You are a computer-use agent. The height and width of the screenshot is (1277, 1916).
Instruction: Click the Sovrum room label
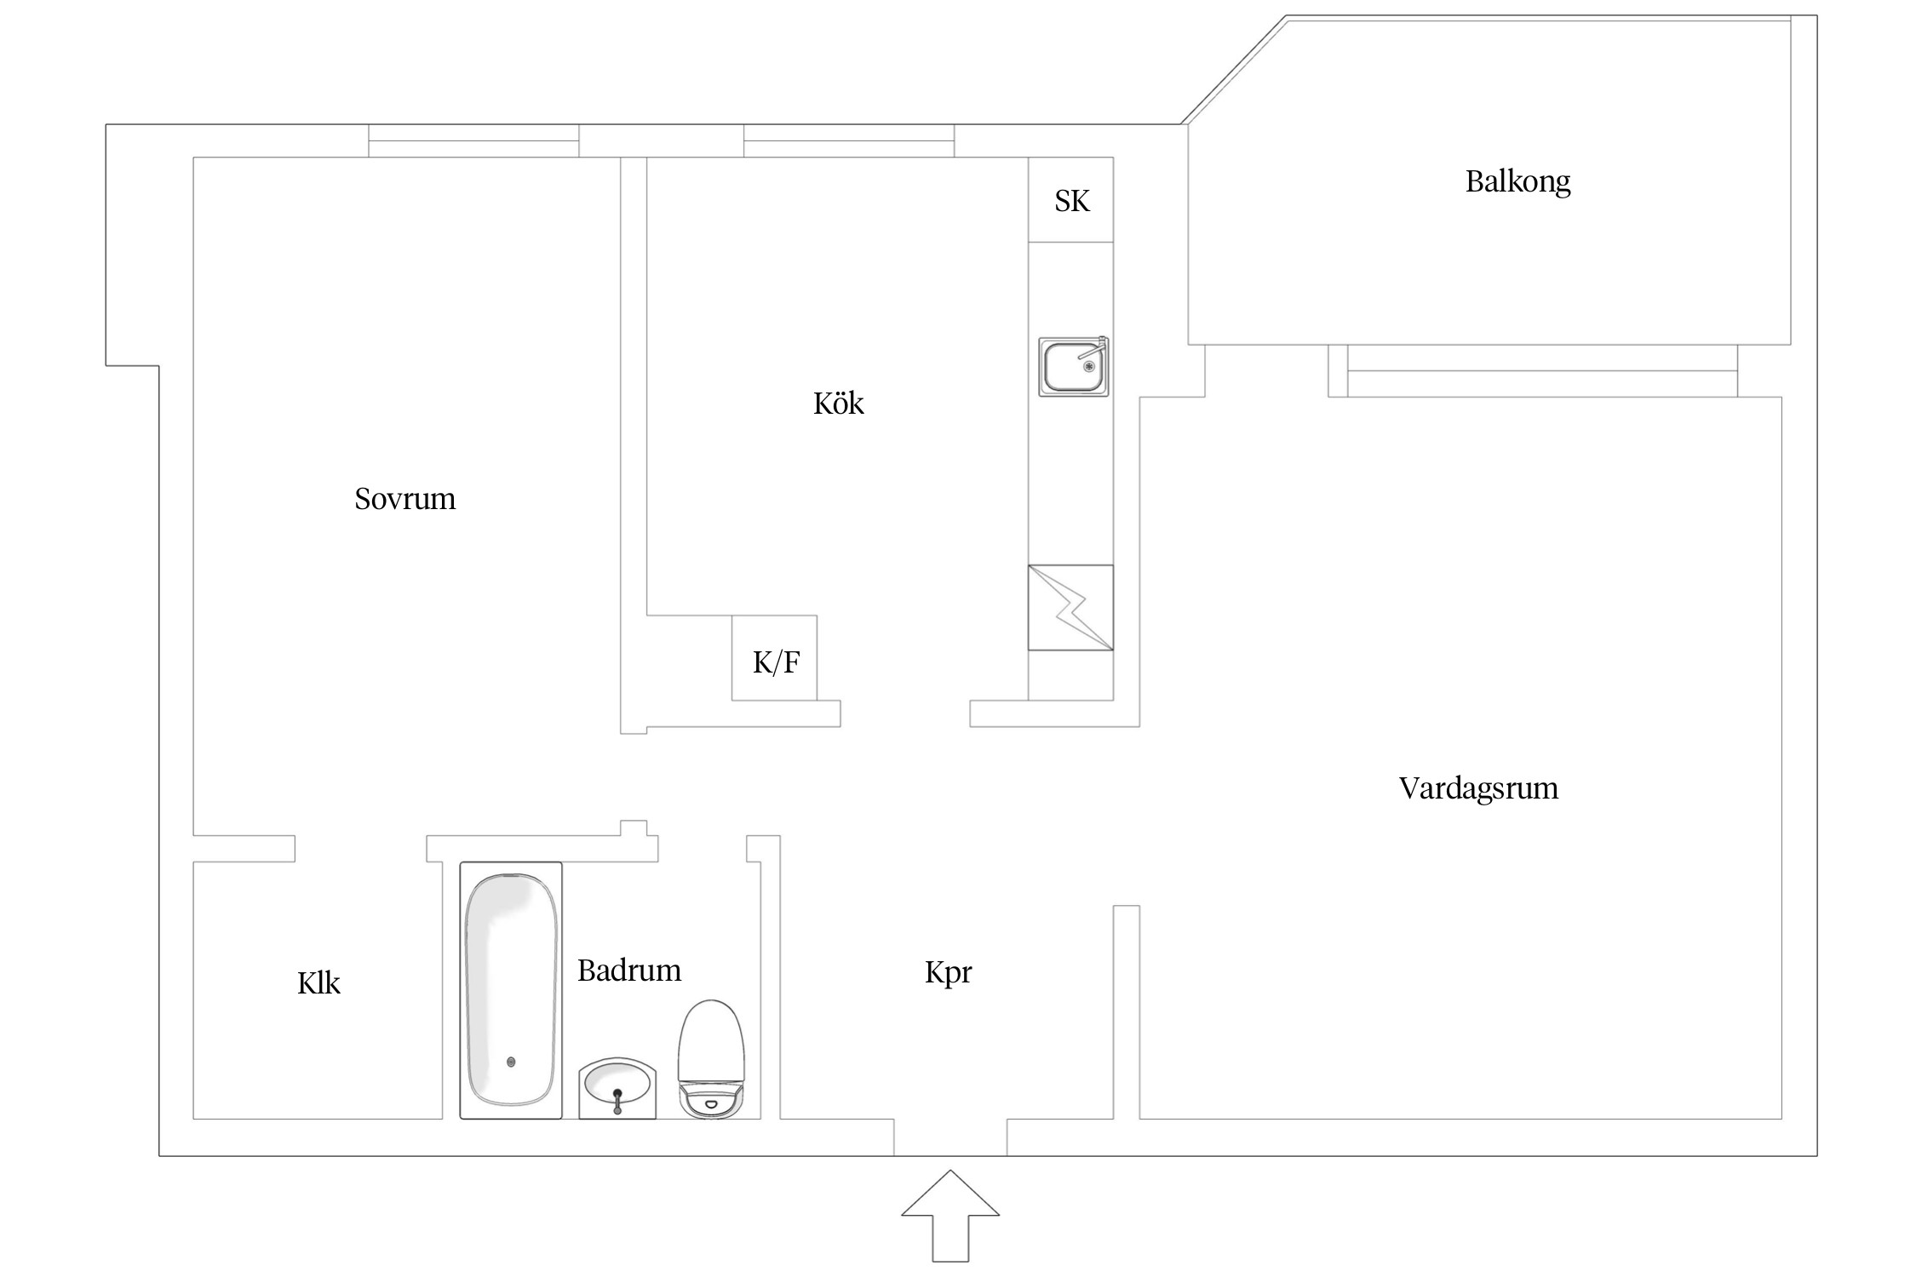click(x=404, y=499)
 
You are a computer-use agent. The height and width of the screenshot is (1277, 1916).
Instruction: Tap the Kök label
click(x=838, y=404)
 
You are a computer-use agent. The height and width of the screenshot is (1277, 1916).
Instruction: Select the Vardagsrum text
click(x=1478, y=788)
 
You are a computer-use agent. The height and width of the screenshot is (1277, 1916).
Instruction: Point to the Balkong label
click(x=1517, y=181)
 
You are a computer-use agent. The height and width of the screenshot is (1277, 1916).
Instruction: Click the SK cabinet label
click(x=1071, y=201)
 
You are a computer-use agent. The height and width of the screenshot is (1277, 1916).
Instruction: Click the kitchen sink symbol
click(x=1073, y=367)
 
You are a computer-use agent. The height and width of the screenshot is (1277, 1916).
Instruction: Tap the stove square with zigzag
click(x=1070, y=608)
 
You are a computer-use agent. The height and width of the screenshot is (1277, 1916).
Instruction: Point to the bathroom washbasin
click(x=617, y=1087)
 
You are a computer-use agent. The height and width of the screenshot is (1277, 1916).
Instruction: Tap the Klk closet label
click(x=318, y=983)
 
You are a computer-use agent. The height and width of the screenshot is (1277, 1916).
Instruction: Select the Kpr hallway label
click(x=948, y=971)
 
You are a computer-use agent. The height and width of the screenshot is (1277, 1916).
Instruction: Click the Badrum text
click(x=629, y=971)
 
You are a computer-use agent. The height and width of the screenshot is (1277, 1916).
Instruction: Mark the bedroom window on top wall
click(x=473, y=141)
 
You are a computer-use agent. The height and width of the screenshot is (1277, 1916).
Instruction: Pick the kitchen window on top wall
click(x=848, y=141)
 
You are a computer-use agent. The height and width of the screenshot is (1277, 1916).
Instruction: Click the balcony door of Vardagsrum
click(x=1541, y=372)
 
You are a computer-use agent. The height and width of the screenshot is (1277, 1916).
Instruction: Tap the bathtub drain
click(x=511, y=1062)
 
